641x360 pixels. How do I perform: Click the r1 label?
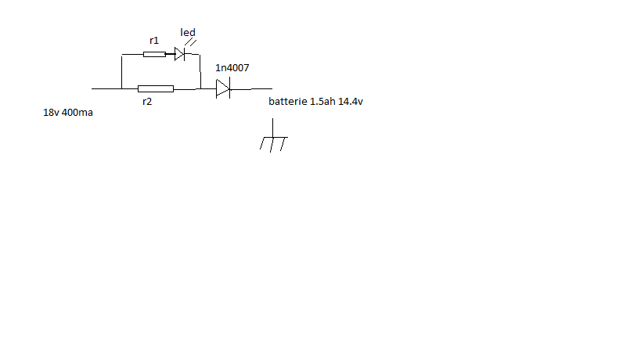coord(153,39)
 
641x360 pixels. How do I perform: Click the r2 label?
coord(147,101)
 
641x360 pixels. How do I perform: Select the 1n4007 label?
coord(232,68)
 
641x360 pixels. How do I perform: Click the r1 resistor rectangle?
coord(154,54)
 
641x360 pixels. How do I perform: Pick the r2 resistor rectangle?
coord(155,88)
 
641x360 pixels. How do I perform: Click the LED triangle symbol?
coord(179,54)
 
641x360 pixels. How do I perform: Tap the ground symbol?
coord(273,142)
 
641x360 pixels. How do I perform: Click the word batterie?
coord(288,103)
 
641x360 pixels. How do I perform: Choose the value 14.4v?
coord(351,103)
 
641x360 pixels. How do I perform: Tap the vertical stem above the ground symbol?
coord(272,127)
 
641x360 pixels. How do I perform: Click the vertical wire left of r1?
coord(122,71)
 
